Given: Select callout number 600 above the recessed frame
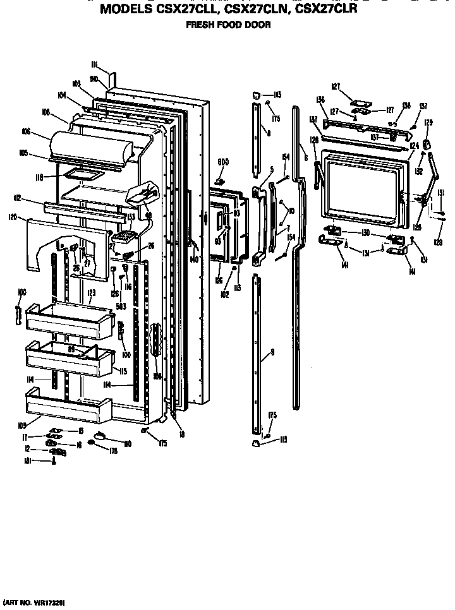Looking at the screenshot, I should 222,162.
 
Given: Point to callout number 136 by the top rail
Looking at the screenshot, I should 320,99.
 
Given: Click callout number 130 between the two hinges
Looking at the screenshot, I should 365,233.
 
